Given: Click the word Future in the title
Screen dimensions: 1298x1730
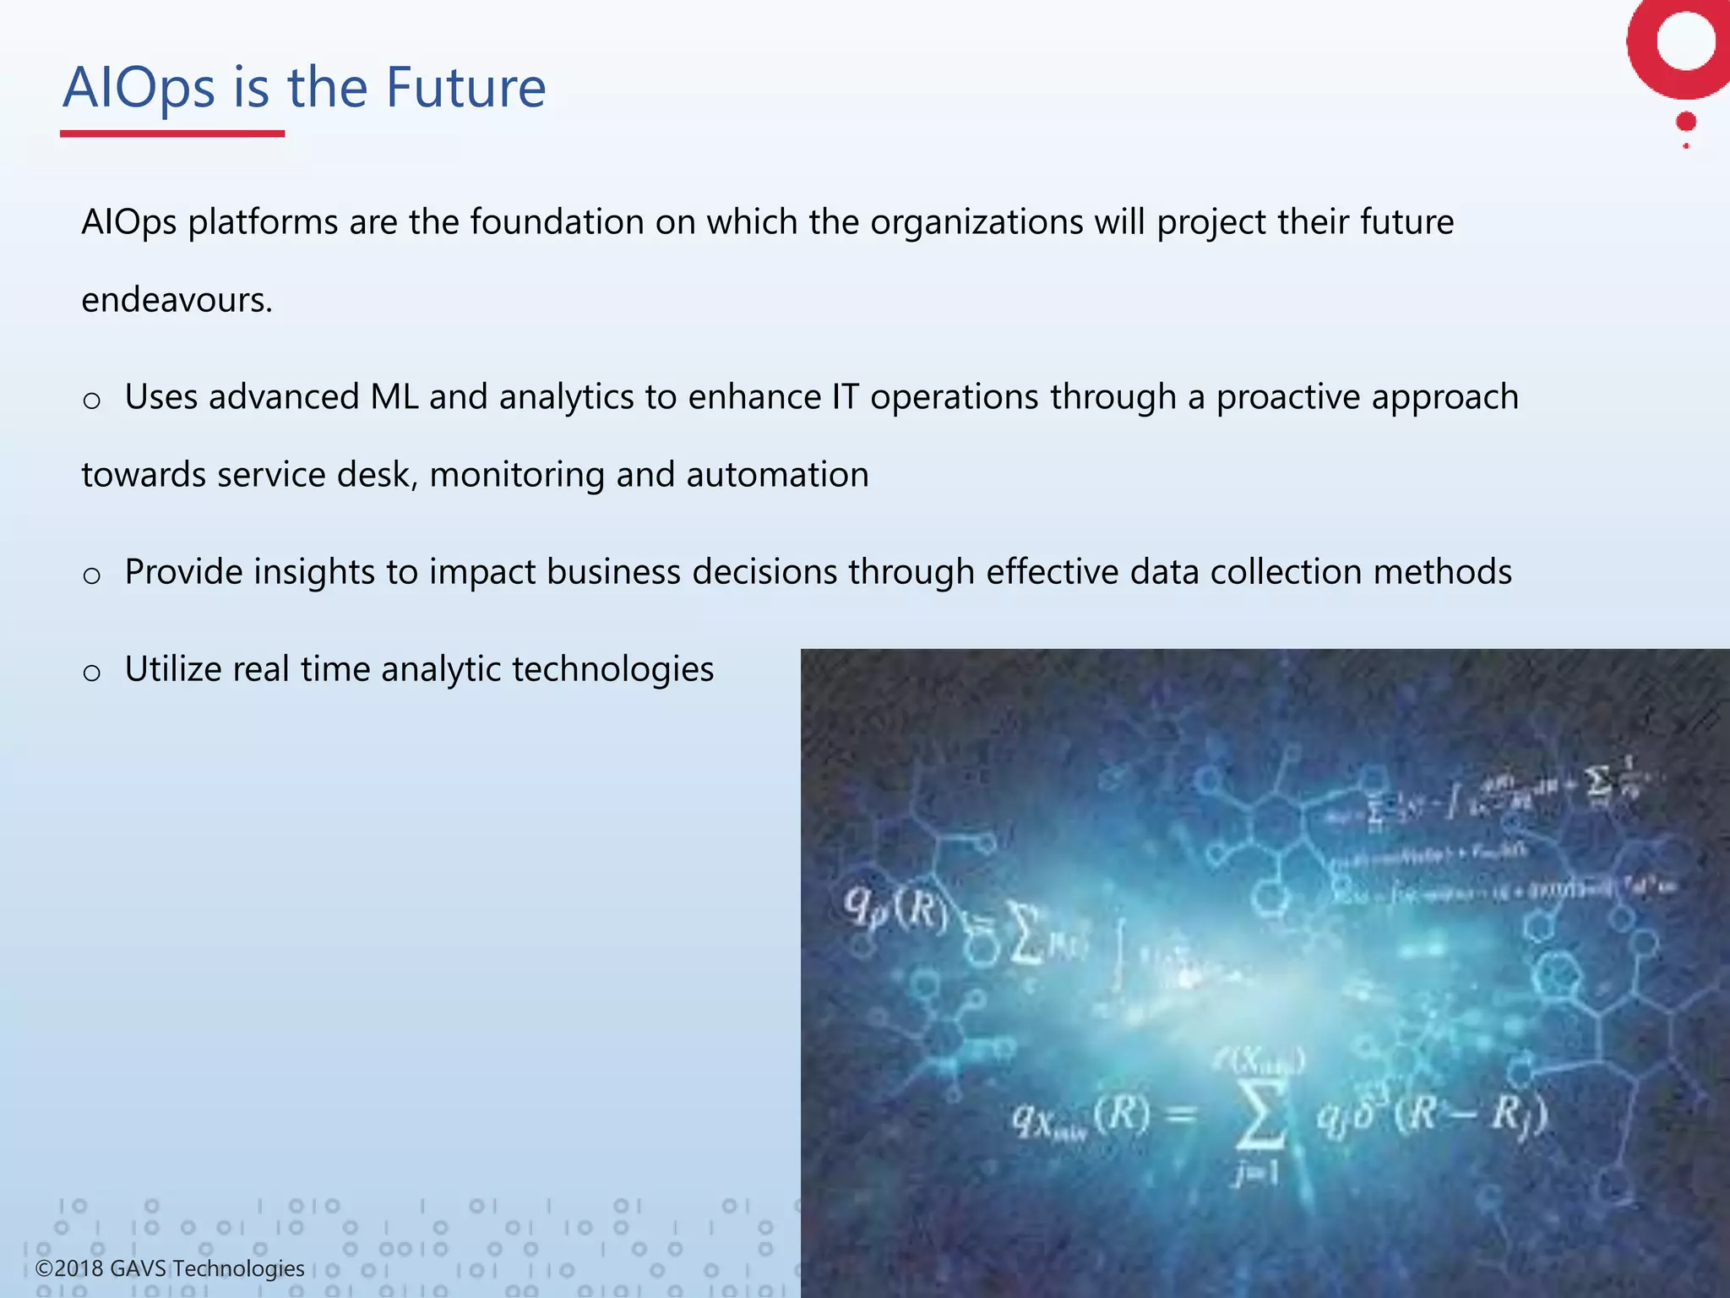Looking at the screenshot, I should pos(465,88).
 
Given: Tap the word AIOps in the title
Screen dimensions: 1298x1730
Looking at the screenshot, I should pos(139,88).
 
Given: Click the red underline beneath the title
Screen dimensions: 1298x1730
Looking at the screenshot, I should pos(172,134).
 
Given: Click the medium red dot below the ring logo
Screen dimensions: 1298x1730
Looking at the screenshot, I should pos(1686,122).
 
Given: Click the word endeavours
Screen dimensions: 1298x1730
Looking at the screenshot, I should pos(177,301).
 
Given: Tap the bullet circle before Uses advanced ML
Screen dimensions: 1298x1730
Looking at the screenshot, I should pos(92,401).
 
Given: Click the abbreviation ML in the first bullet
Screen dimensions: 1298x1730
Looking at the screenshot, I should pos(394,397).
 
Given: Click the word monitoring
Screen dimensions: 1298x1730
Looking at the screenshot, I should pos(516,475).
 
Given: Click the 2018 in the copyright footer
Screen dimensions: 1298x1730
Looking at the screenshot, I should pos(79,1268).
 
